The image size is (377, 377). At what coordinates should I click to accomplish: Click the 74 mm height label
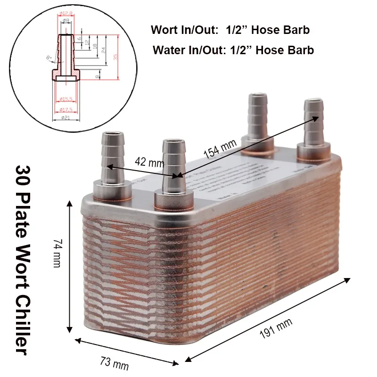tap(57, 254)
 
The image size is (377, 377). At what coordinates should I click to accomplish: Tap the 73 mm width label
tap(114, 363)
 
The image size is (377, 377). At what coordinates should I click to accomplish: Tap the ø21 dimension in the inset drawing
tap(65, 118)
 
